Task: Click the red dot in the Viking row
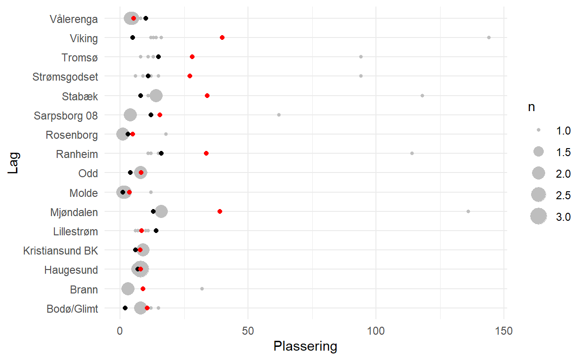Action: pos(222,37)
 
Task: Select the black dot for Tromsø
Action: pos(158,57)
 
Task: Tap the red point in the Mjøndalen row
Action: pos(220,211)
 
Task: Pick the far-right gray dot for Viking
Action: pos(489,37)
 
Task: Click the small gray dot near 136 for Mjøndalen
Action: pos(468,211)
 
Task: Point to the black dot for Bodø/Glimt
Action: pos(125,308)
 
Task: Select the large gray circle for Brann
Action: pos(128,289)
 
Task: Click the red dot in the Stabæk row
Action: pos(207,96)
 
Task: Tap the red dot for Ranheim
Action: pos(206,153)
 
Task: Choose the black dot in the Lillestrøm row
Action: pos(156,231)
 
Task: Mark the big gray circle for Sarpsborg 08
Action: pos(130,115)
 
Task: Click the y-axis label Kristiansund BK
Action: pos(60,251)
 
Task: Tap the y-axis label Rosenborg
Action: pos(72,135)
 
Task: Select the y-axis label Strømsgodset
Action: pos(65,76)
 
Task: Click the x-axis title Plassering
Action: pos(305,347)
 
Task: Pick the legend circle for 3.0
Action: pos(539,216)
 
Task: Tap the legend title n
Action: pos(531,107)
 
